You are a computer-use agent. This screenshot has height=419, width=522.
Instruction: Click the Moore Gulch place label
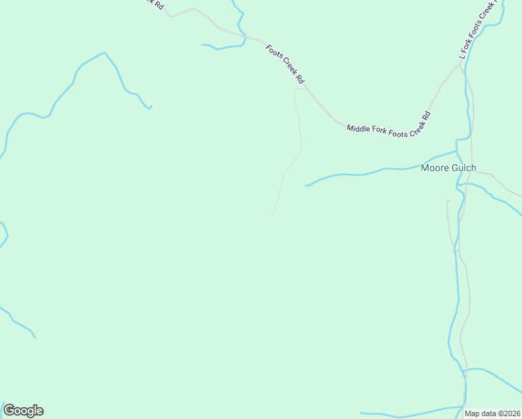click(x=449, y=168)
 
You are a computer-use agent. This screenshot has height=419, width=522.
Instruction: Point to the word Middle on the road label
click(x=359, y=128)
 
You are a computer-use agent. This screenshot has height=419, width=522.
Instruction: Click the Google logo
click(x=23, y=411)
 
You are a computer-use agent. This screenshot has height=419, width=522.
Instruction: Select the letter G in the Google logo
click(x=9, y=410)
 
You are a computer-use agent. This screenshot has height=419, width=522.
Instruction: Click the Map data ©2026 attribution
click(x=493, y=413)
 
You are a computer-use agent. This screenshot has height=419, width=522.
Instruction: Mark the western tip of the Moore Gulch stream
click(x=306, y=186)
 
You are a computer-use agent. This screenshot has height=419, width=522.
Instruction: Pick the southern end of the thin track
click(x=271, y=214)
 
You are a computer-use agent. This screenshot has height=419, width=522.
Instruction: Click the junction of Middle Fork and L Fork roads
click(x=459, y=66)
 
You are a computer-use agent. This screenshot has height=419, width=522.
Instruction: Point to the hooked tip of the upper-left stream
click(x=151, y=106)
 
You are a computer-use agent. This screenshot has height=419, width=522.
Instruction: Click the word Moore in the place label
click(x=433, y=168)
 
